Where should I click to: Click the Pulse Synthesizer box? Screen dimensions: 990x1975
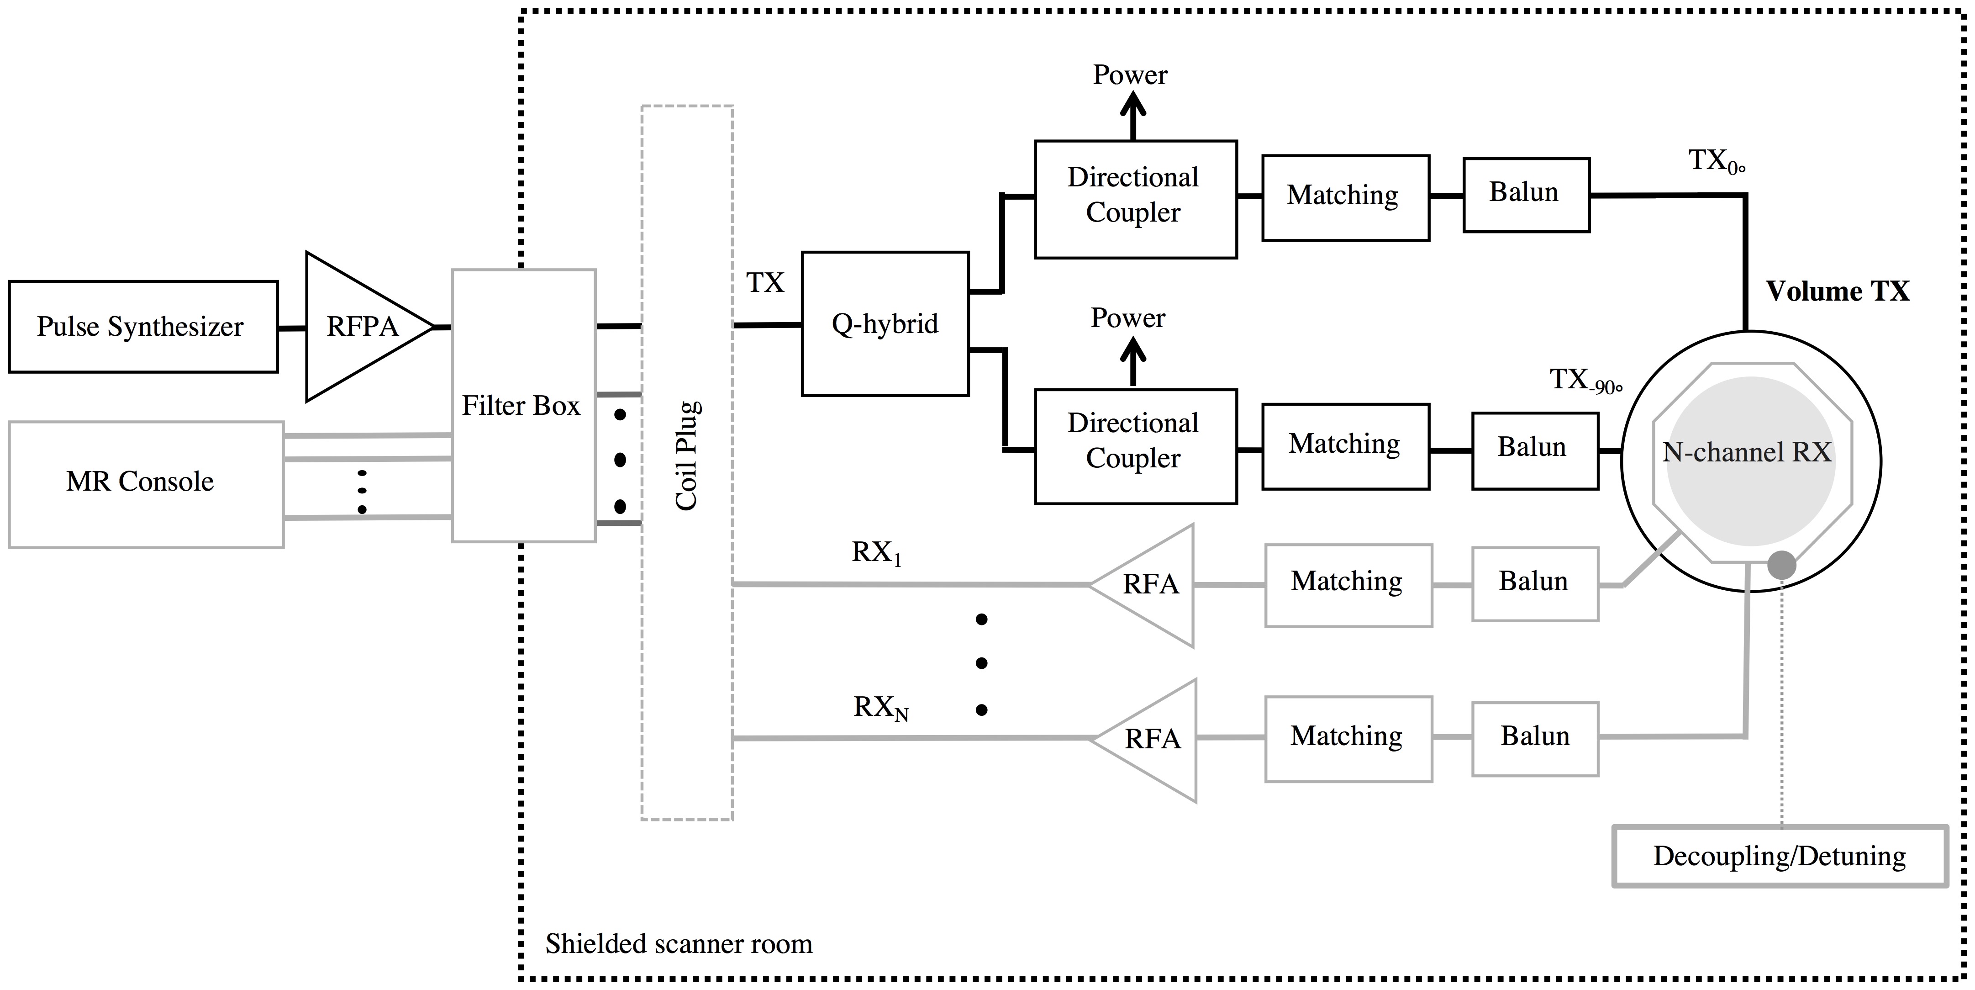click(x=142, y=327)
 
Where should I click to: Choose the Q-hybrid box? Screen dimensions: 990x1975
click(x=885, y=323)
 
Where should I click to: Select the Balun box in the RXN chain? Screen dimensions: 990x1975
click(x=1535, y=737)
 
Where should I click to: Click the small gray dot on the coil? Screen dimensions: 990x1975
click(x=1781, y=565)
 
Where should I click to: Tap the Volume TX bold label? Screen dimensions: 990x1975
click(x=1837, y=291)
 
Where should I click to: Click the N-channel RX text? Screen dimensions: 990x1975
click(x=1747, y=452)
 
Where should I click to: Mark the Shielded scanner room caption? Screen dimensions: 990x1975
click(x=679, y=943)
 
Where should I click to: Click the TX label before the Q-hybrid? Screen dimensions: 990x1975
click(x=764, y=283)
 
